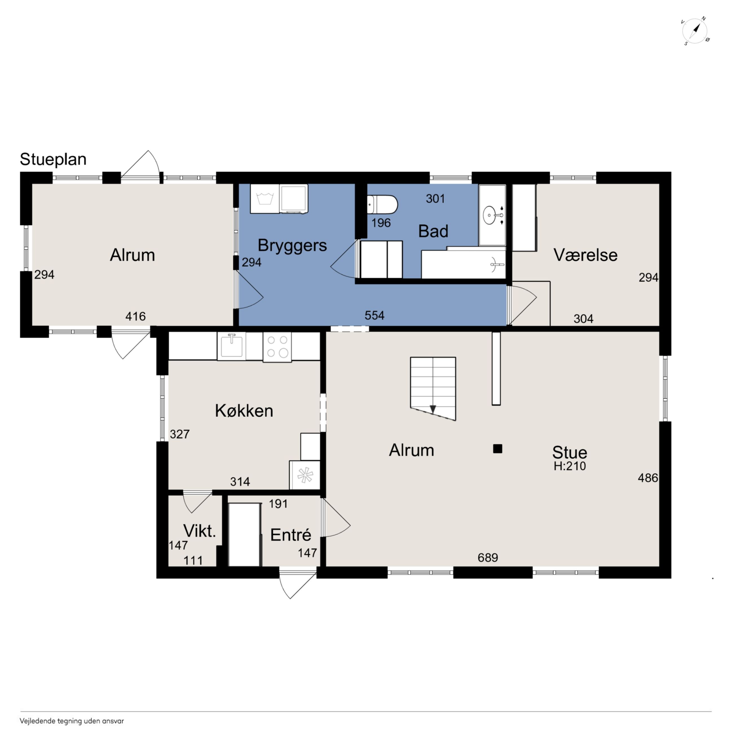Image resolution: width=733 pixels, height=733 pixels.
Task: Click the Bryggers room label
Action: click(x=292, y=246)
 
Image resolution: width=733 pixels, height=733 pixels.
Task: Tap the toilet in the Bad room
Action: click(x=382, y=205)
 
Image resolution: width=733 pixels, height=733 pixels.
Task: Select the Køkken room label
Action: click(x=244, y=411)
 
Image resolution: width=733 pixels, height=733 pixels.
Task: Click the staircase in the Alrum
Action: click(x=433, y=388)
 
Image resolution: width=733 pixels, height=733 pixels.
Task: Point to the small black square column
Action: click(x=497, y=449)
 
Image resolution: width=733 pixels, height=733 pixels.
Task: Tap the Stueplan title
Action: click(x=53, y=159)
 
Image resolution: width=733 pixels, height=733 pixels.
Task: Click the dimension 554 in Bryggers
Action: click(x=374, y=315)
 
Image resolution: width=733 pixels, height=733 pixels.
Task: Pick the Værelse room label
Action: click(x=586, y=255)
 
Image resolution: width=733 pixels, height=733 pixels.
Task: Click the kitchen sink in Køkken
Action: click(x=231, y=346)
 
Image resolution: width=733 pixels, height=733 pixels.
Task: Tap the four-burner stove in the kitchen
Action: click(x=277, y=347)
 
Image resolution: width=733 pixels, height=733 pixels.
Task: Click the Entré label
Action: click(x=291, y=535)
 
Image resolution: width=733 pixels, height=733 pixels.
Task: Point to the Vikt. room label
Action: click(x=200, y=531)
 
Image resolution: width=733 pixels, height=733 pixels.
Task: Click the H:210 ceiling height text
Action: click(x=569, y=466)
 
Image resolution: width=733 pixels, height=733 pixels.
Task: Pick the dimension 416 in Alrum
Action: click(x=135, y=316)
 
